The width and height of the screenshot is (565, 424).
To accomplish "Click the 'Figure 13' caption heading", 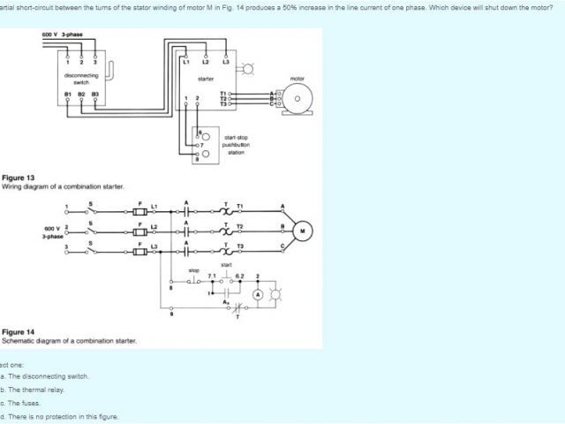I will [18, 178].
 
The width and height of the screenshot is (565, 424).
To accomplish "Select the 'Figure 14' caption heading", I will [18, 332].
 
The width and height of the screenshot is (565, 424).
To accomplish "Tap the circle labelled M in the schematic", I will [303, 231].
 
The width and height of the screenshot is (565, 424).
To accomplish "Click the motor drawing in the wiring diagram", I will [297, 99].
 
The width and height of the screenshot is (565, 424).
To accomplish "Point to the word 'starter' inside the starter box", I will [205, 79].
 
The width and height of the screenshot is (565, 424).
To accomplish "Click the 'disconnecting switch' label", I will [82, 79].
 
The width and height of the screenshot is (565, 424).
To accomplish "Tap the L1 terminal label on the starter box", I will [185, 61].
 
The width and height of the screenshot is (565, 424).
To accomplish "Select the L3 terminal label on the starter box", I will [225, 61].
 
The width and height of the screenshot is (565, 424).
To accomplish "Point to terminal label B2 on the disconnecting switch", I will [82, 93].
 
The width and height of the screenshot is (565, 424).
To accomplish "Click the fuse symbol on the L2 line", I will [139, 231].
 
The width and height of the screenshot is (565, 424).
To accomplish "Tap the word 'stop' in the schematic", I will [193, 269].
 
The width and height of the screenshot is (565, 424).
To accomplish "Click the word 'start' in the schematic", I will [226, 264].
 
